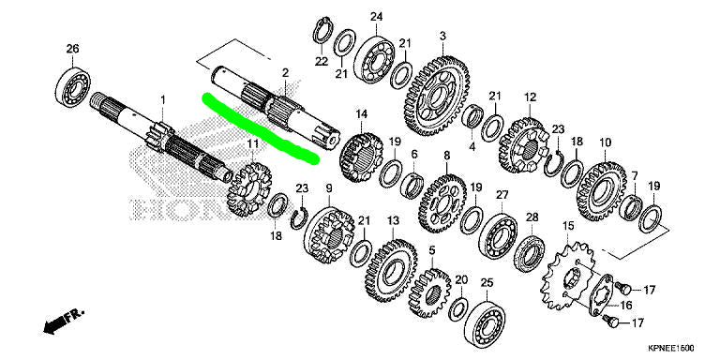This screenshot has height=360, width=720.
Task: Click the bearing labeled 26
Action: [x=72, y=87]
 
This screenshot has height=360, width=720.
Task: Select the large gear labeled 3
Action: [x=437, y=97]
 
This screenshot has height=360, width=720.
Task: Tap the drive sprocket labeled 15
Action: [x=568, y=277]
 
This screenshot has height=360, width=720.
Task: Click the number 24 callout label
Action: [x=377, y=17]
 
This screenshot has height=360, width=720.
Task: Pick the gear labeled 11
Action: [x=249, y=189]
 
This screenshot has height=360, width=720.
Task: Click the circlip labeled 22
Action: [x=322, y=31]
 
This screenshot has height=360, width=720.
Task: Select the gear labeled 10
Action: [x=601, y=191]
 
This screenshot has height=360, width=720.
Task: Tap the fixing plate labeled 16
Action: [x=603, y=296]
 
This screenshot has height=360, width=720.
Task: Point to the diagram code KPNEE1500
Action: [x=671, y=348]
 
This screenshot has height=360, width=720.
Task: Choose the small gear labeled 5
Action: [x=429, y=292]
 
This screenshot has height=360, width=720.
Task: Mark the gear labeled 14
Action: [x=361, y=157]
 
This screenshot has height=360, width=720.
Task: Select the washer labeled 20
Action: [x=458, y=309]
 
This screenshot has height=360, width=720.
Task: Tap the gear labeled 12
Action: [x=524, y=145]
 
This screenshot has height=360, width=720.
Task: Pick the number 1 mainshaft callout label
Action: [x=162, y=99]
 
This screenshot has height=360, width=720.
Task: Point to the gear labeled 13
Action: [x=391, y=271]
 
